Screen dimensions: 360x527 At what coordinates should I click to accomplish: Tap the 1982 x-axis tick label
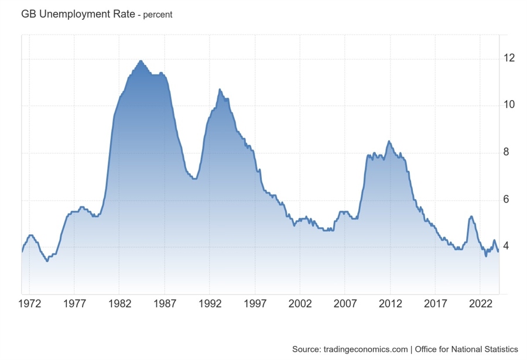[x=119, y=305]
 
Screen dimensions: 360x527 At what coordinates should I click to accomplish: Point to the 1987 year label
[x=164, y=305]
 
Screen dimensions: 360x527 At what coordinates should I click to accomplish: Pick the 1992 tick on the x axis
[x=209, y=305]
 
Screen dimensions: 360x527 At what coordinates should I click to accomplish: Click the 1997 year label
[x=255, y=305]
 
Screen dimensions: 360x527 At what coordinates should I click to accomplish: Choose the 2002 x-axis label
[x=300, y=305]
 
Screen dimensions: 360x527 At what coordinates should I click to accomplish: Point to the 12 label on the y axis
[x=510, y=58]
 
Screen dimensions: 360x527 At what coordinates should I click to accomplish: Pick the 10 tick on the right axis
[x=510, y=105]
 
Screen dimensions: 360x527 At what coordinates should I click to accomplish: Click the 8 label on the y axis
[x=507, y=152]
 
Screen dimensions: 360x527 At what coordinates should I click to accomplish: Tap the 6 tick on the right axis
[x=507, y=200]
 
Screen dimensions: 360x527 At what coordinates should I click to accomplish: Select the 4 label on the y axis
[x=507, y=246]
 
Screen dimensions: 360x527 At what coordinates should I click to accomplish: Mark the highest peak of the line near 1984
[x=141, y=60]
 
